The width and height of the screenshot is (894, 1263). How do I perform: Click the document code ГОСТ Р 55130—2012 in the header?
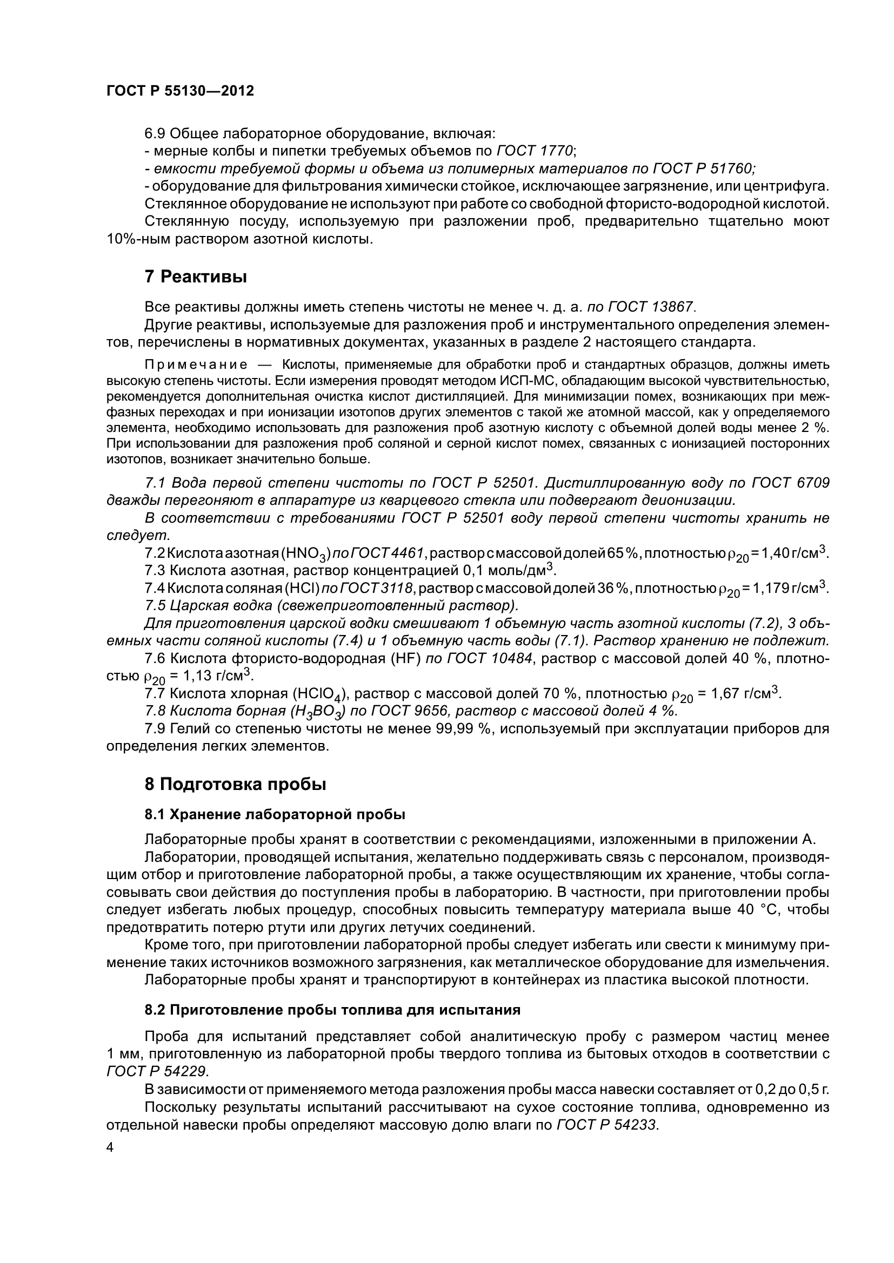180,91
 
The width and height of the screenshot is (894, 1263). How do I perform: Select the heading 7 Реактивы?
196,277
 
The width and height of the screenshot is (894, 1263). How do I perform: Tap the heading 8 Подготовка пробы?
235,784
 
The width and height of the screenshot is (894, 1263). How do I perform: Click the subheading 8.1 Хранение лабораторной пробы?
275,814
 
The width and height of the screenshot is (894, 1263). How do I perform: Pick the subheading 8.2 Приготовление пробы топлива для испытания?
332,1010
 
